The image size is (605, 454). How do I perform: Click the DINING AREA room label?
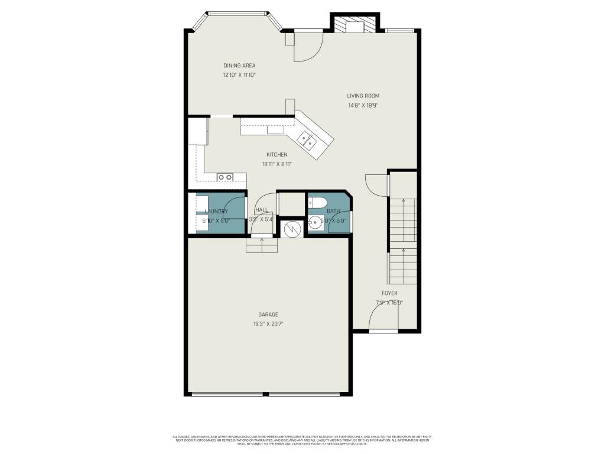tap(239, 65)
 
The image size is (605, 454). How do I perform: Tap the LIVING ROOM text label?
tap(363, 96)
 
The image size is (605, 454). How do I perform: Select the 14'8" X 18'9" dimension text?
tap(363, 106)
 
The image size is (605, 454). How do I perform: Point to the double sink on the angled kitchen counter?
tap(307, 140)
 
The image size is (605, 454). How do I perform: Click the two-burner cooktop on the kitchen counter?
tap(225, 177)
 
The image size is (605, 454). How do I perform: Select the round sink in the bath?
tap(315, 223)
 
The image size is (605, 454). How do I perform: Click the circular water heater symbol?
tap(290, 228)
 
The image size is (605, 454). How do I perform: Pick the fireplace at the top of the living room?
tap(354, 25)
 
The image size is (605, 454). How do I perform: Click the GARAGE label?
tap(268, 314)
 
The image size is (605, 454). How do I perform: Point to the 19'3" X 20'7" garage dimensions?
tap(268, 324)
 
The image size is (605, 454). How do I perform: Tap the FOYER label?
tap(389, 293)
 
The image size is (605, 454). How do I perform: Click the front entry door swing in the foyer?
tap(383, 318)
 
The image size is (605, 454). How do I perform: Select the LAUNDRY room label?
tap(216, 211)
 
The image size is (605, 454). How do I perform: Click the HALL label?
tap(262, 210)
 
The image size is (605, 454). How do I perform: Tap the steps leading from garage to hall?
tap(262, 244)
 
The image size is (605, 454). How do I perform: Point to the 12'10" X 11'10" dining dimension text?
tap(239, 75)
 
